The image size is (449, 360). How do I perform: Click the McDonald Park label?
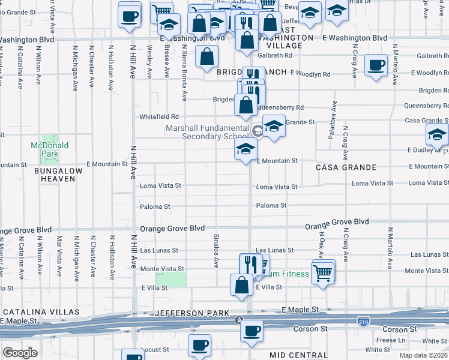point(50,149)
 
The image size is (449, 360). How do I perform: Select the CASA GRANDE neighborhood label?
point(346,167)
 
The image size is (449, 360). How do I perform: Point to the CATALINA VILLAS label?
point(41,312)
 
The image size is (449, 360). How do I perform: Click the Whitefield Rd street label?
point(159,116)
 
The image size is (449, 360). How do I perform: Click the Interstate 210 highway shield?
point(363,321)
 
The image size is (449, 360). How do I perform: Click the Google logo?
point(20,353)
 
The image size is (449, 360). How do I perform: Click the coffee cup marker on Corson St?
point(252,330)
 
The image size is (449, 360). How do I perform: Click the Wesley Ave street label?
point(149,62)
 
